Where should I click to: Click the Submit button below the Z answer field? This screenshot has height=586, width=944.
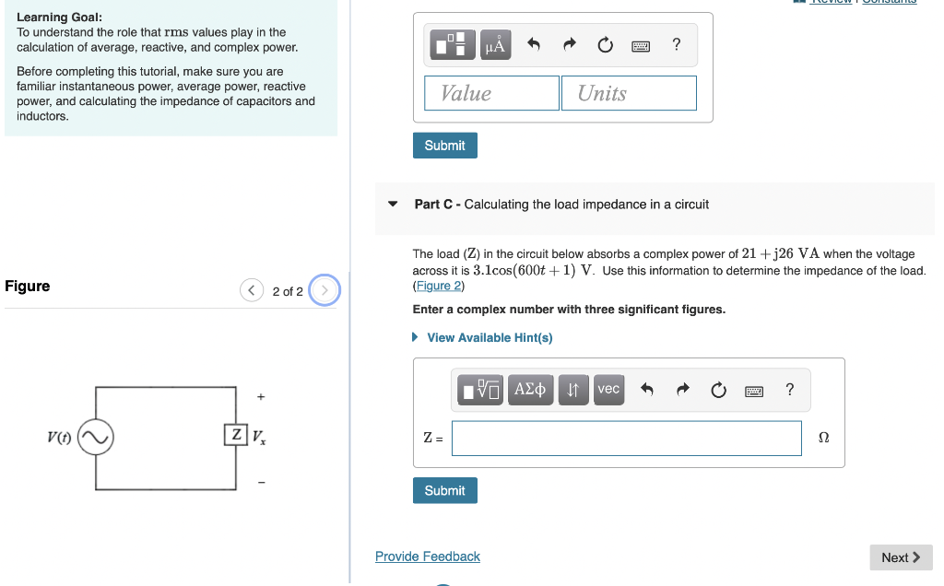[x=444, y=491]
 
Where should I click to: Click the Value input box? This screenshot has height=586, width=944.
[x=491, y=93]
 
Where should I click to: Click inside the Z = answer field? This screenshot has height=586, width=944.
[x=626, y=439]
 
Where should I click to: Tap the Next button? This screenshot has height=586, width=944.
[x=900, y=557]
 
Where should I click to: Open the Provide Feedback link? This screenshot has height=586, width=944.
[x=427, y=557]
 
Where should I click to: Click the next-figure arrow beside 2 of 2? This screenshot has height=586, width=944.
[x=324, y=291]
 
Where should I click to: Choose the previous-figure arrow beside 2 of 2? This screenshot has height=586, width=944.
[x=252, y=291]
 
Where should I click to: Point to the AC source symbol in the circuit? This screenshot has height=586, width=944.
[x=95, y=438]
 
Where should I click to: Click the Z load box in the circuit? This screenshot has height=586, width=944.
[x=236, y=435]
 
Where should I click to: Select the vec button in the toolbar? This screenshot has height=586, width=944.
[x=608, y=390]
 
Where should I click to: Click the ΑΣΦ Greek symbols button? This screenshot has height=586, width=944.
[x=529, y=390]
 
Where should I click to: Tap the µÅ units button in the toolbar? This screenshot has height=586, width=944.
[x=495, y=45]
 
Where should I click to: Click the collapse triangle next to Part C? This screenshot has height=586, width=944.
[x=394, y=205]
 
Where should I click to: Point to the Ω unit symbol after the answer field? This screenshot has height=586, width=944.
[x=823, y=439]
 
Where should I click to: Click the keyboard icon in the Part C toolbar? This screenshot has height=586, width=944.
[x=754, y=391]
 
